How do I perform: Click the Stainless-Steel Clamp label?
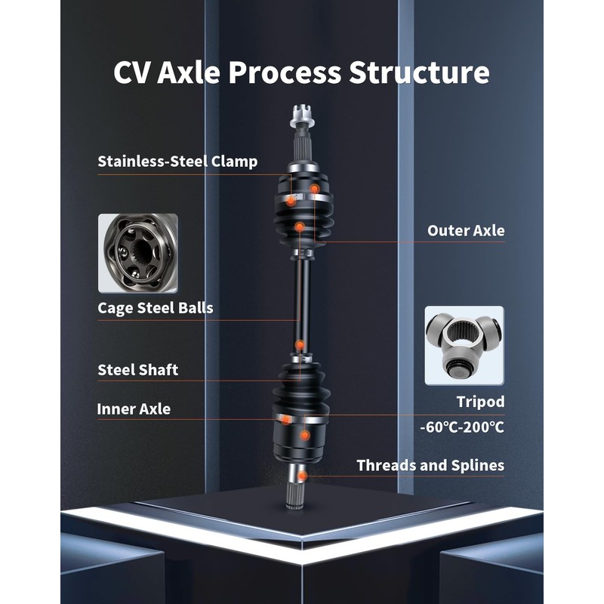tap(177, 162)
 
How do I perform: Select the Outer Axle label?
tap(466, 230)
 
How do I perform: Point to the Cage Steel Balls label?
tap(156, 308)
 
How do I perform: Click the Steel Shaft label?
tap(138, 370)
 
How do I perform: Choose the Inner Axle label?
tap(134, 409)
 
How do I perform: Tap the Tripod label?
tap(480, 402)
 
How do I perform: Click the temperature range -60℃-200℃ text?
tap(462, 427)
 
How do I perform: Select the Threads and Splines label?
tap(430, 465)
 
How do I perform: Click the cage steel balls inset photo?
tap(137, 254)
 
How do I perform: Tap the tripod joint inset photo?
tap(463, 346)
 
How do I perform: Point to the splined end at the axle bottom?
tap(295, 491)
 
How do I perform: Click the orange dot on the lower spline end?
tap(301, 476)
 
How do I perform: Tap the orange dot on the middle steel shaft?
tap(300, 345)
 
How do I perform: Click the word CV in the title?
tap(134, 73)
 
